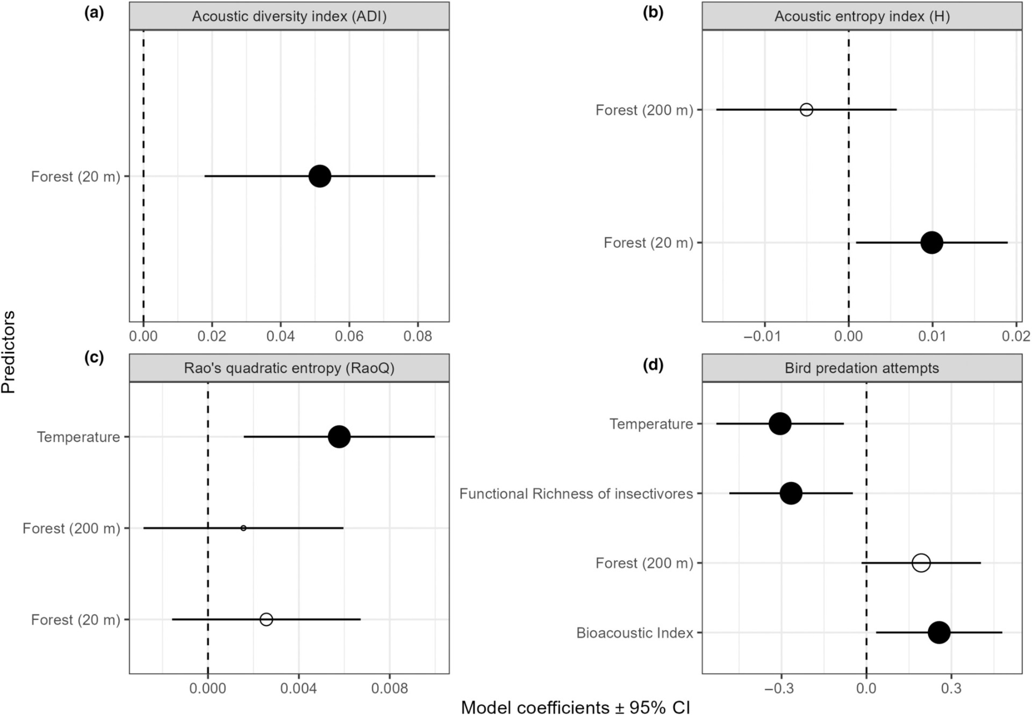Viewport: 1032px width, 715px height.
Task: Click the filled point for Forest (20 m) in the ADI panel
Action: click(x=320, y=176)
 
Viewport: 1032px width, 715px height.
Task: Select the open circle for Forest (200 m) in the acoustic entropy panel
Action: click(x=806, y=110)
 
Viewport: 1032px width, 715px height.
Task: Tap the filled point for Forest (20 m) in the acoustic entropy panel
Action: click(x=931, y=242)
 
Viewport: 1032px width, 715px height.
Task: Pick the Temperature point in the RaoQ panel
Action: click(x=339, y=437)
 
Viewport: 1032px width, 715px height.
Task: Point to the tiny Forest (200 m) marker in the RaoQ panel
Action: click(x=243, y=528)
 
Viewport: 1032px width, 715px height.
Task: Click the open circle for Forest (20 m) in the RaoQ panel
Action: click(x=266, y=619)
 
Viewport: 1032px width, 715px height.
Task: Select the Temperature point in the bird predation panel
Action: click(x=780, y=424)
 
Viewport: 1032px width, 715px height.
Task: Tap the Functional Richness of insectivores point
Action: click(x=791, y=493)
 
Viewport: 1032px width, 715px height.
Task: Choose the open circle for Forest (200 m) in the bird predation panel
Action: click(x=921, y=563)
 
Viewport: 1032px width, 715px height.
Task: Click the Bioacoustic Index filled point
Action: click(x=939, y=632)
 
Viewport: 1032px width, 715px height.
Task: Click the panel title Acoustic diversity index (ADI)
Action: click(x=289, y=17)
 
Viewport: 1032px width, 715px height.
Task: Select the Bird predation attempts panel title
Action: click(x=862, y=368)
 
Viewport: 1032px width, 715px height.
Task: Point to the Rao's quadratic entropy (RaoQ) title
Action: click(x=289, y=368)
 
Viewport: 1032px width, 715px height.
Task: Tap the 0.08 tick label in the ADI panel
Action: click(x=418, y=337)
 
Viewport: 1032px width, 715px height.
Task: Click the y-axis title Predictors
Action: click(x=9, y=352)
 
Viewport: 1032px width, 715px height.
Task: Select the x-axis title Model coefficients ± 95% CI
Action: click(x=575, y=707)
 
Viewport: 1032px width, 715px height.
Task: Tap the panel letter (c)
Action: click(x=94, y=358)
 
